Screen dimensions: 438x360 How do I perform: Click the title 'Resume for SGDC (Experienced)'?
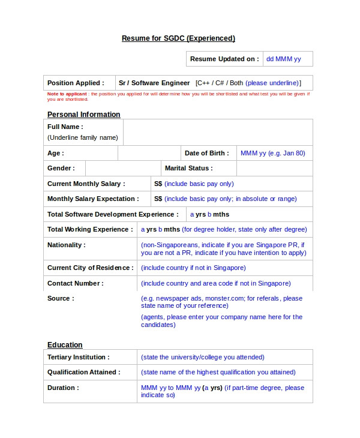click(x=178, y=38)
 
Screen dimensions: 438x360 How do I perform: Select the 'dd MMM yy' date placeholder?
click(x=283, y=59)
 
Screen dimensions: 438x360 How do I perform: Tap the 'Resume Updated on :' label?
click(x=224, y=59)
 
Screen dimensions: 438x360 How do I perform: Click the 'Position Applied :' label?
click(x=76, y=83)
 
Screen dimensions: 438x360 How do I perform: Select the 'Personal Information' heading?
click(x=83, y=115)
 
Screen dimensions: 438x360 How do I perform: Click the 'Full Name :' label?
click(x=65, y=127)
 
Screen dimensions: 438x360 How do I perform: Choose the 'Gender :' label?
click(x=61, y=168)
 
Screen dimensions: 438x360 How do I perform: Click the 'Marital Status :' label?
click(x=188, y=168)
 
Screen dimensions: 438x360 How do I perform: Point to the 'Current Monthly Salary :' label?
click(x=86, y=184)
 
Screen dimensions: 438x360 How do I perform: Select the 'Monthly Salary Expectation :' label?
click(x=93, y=199)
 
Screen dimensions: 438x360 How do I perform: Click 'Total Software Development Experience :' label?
click(x=113, y=214)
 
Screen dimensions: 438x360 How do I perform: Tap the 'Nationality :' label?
click(x=66, y=245)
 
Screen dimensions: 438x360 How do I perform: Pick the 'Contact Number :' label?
click(x=75, y=283)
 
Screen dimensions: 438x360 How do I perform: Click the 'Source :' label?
click(x=61, y=298)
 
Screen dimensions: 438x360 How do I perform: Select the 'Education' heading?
click(x=65, y=345)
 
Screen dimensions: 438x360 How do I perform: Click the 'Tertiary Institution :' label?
click(x=78, y=357)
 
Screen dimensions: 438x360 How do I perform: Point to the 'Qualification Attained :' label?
click(x=83, y=372)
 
